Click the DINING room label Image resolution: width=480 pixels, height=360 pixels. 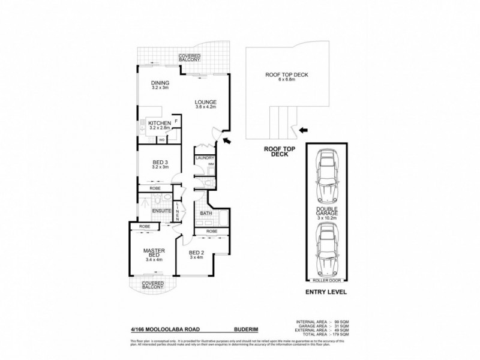160,83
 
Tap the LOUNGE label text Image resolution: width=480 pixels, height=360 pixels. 205,101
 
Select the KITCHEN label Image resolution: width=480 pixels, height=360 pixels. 159,125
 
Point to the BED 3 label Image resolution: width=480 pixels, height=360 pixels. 159,161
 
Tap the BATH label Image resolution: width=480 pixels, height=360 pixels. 205,213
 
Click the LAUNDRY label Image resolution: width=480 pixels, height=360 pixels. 205,158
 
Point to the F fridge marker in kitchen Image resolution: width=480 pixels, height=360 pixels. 176,121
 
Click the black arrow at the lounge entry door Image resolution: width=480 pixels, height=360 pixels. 227,140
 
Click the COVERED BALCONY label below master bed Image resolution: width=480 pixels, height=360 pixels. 149,286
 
